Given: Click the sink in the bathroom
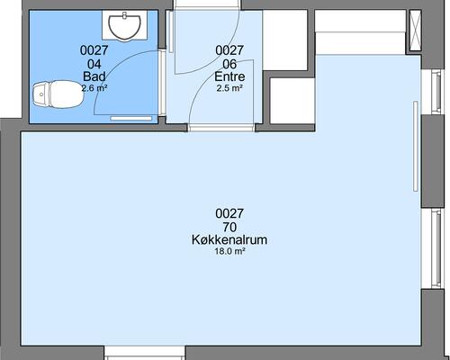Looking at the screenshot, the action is coord(124,27).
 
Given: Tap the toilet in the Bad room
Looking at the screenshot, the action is coord(58,94).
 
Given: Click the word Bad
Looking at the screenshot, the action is coord(94,76).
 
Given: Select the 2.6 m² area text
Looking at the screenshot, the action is coord(94,88).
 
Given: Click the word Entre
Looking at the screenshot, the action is coord(229,76).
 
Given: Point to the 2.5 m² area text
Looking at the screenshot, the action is coord(229,88).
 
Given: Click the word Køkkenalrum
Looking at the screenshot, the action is coord(229,239).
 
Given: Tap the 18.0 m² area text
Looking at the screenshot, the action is coord(229,251).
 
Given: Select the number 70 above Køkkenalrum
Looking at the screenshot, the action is coord(229,227).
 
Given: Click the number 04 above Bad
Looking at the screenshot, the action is coord(94,64).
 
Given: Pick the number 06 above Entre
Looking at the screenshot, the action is coord(229,64).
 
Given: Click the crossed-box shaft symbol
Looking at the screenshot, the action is coord(416,31).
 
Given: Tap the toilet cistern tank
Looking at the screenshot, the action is coord(40,94).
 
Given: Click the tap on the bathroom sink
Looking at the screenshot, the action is coord(124,14).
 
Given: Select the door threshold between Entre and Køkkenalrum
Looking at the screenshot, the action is coord(221,128).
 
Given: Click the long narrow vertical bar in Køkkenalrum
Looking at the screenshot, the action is coord(416,146).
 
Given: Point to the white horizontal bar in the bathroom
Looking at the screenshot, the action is coord(131,119).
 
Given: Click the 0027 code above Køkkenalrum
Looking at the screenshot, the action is coord(229,213).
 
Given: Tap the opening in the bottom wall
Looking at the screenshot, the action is coord(145,353).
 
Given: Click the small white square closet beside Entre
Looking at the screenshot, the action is coord(292,101).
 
